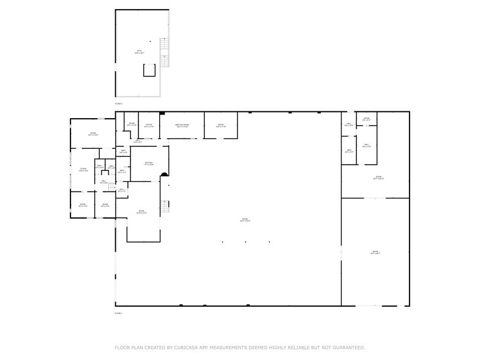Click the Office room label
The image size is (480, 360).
(149, 126)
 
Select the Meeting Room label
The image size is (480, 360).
(182, 126)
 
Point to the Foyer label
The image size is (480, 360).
(83, 170)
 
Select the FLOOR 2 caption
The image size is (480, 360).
(119, 103)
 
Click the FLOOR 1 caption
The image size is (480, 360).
(119, 313)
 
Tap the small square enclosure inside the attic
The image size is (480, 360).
(149, 70)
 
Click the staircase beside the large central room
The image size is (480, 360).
(163, 207)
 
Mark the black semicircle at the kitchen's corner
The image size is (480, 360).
(164, 175)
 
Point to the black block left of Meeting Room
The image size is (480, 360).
(162, 113)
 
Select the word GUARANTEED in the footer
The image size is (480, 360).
(343, 347)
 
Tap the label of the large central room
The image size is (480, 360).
(244, 220)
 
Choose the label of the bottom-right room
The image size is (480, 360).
(375, 252)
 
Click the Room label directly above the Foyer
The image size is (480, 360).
(93, 134)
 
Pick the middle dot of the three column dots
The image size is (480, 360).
(246, 242)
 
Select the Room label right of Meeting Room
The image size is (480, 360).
(221, 126)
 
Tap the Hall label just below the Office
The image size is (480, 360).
(138, 141)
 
